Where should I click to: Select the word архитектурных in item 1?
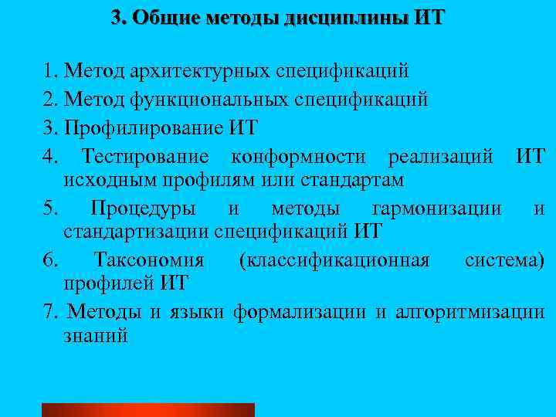(209, 73)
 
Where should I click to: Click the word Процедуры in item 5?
(143, 209)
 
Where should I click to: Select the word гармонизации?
(436, 209)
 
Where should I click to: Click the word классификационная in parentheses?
(334, 261)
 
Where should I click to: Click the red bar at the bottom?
(147, 409)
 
